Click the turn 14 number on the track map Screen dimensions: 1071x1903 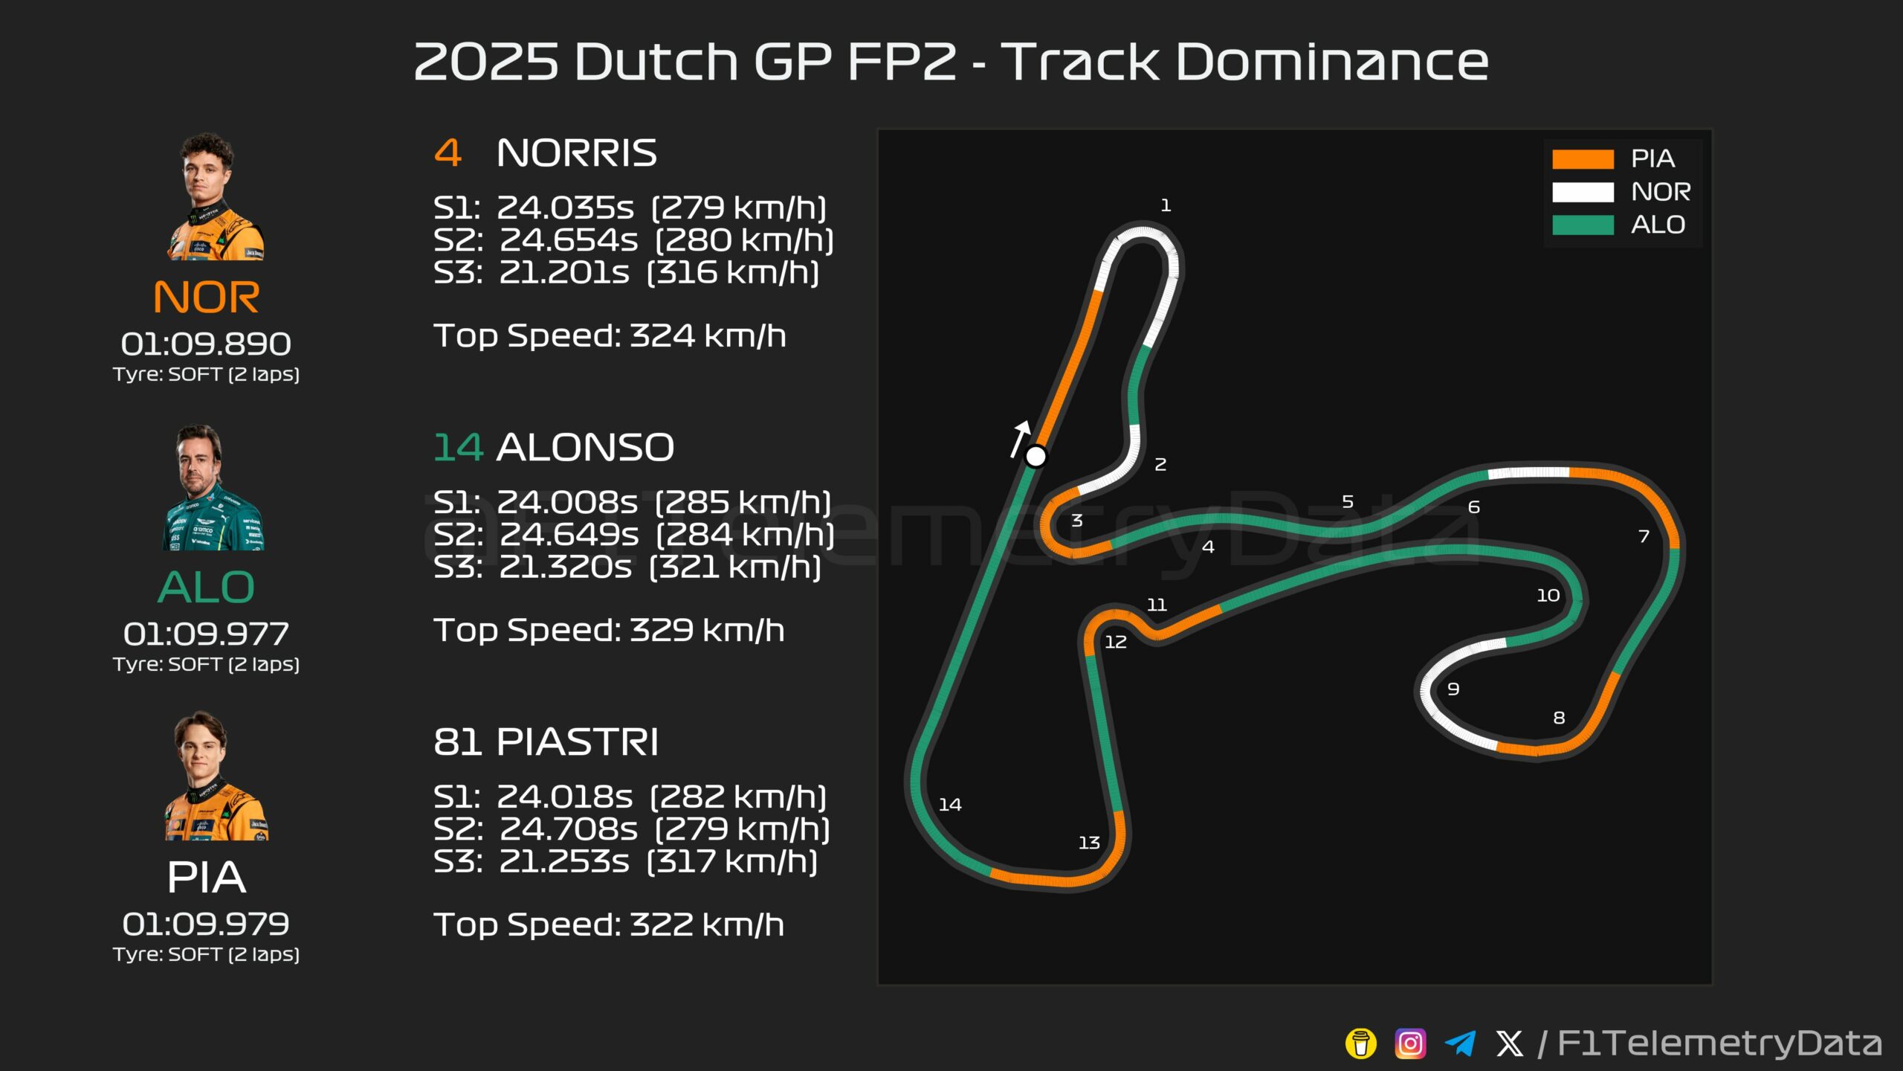point(949,805)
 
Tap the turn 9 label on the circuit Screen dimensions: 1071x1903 point(1453,689)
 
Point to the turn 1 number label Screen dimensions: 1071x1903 point(1166,205)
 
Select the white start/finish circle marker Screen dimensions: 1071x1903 point(1035,456)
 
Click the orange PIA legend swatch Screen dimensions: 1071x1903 point(1583,159)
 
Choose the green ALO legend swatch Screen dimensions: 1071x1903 point(1583,225)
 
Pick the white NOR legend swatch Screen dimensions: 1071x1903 point(1583,192)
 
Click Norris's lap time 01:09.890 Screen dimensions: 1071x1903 point(206,344)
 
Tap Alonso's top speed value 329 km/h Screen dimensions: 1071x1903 point(707,631)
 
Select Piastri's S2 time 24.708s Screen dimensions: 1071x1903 point(568,829)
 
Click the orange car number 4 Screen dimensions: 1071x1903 point(448,153)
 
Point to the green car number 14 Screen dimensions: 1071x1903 point(458,448)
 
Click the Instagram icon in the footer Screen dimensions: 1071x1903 point(1410,1043)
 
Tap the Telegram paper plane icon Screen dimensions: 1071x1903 point(1460,1043)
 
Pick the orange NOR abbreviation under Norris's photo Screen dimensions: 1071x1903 point(206,297)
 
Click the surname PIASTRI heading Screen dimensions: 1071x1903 point(577,742)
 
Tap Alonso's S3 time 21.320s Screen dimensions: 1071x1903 point(565,567)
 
